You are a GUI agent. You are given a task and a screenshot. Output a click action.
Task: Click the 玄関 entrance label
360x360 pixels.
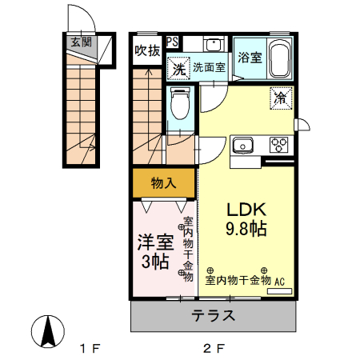click(80, 42)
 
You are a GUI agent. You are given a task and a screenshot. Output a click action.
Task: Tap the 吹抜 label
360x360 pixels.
click(147, 50)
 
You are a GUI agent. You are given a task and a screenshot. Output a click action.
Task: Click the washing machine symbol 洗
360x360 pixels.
click(178, 69)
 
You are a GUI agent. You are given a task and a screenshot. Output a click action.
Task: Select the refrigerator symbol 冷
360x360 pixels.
click(280, 98)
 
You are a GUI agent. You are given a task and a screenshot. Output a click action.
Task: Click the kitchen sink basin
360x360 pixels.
click(242, 146)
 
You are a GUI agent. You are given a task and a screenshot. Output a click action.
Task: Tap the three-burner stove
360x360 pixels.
click(279, 145)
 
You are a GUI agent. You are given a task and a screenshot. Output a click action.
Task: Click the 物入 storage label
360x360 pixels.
click(163, 183)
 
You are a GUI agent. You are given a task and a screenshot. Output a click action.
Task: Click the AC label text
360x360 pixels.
click(280, 282)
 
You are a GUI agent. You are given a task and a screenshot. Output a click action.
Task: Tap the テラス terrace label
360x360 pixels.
click(213, 315)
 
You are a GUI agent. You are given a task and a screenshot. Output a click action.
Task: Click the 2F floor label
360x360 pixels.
click(212, 349)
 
